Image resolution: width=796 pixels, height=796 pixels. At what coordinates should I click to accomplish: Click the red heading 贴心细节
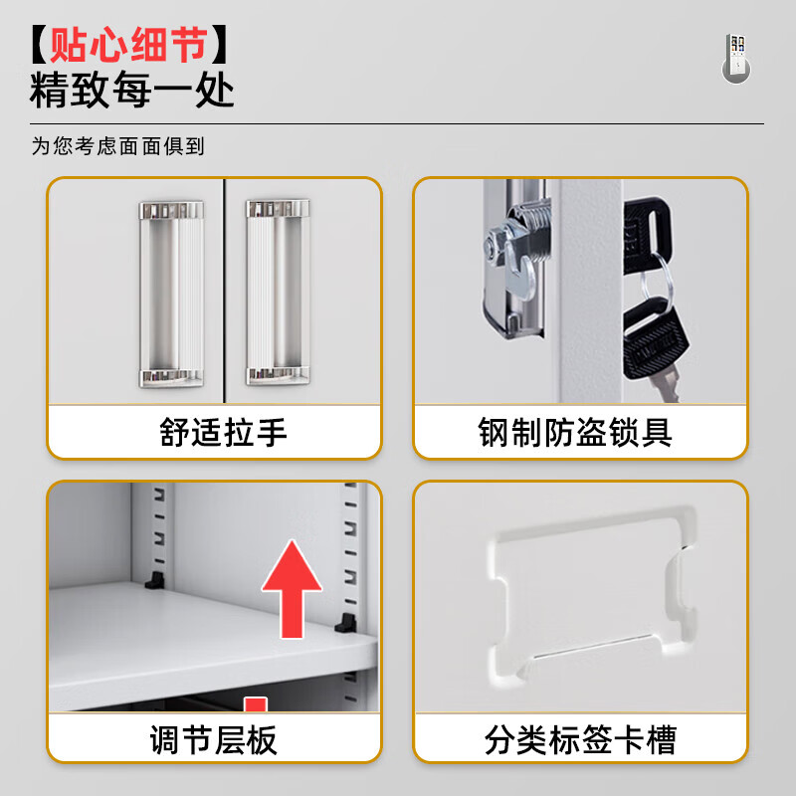129,45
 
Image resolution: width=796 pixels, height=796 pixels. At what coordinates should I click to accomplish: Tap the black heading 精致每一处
132,90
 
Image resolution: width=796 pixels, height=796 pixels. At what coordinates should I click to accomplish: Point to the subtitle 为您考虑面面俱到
117,146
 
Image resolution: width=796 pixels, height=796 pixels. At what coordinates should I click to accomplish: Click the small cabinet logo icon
736,59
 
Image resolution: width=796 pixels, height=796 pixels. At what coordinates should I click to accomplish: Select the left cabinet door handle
171,294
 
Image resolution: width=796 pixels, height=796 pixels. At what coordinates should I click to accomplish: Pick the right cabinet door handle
278,292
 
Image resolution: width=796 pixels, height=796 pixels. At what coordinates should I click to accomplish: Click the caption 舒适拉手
223,433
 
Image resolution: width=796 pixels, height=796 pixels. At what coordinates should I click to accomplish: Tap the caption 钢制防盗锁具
575,433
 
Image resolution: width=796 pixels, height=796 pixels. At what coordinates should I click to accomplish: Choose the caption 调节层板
213,739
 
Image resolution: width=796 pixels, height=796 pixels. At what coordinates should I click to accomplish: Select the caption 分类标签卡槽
580,739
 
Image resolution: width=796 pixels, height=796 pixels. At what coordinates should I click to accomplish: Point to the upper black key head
647,235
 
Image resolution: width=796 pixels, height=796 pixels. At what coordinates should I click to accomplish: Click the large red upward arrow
292,589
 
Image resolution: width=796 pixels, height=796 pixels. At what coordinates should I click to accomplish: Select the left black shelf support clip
155,580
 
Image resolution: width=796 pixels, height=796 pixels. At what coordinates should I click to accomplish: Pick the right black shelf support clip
346,623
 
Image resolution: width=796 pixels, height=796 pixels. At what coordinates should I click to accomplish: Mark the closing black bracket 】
219,45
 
